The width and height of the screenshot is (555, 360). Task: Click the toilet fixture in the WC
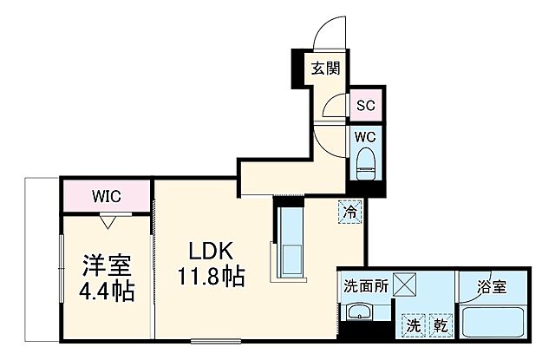click(364, 161)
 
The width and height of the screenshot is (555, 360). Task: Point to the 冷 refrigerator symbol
click(349, 212)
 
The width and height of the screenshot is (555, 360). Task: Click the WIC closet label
click(107, 196)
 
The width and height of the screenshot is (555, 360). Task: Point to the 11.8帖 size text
click(212, 278)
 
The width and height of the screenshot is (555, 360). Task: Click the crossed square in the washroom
click(405, 285)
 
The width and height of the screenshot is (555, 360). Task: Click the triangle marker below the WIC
click(108, 221)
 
